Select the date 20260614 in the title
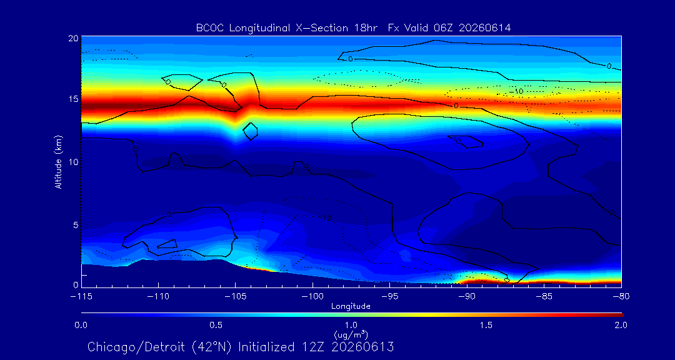485,28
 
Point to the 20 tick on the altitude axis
73,38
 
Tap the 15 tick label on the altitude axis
73,99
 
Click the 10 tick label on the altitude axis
73,162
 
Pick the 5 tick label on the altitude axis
76,225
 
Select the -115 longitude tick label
81,297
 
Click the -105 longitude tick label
235,297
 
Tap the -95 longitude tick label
389,297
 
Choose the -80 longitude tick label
621,297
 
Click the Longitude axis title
351,307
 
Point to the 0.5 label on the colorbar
216,325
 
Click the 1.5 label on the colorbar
486,325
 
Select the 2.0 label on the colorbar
621,325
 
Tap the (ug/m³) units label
351,334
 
